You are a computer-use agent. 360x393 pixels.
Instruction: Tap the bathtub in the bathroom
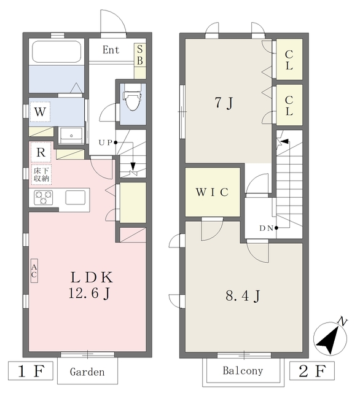pyautogui.click(x=57, y=52)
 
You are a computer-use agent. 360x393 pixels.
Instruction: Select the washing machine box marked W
pyautogui.click(x=40, y=112)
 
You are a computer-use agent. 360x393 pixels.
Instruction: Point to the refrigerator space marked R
pyautogui.click(x=41, y=152)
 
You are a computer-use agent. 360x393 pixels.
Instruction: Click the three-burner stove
pyautogui.click(x=44, y=197)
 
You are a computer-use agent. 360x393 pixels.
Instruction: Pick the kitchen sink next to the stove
pyautogui.click(x=75, y=198)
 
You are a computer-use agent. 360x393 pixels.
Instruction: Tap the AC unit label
pyautogui.click(x=34, y=271)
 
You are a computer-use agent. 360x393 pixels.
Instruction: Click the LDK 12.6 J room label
pyautogui.click(x=91, y=285)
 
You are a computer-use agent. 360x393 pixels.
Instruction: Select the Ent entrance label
pyautogui.click(x=111, y=50)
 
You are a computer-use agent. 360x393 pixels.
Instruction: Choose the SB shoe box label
pyautogui.click(x=140, y=55)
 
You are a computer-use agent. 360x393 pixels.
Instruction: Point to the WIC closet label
pyautogui.click(x=212, y=192)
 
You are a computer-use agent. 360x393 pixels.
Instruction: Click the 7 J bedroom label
pyautogui.click(x=224, y=103)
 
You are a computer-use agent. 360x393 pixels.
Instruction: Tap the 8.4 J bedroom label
pyautogui.click(x=243, y=296)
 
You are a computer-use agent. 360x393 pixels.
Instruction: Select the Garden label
pyautogui.click(x=87, y=372)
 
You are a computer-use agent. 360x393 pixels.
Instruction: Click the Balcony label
pyautogui.click(x=243, y=371)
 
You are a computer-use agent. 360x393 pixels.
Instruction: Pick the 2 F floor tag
pyautogui.click(x=312, y=371)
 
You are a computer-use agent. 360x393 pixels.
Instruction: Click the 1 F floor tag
pyautogui.click(x=31, y=371)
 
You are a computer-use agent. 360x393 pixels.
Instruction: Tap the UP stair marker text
pyautogui.click(x=105, y=143)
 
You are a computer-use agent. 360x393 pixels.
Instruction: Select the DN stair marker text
pyautogui.click(x=266, y=228)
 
